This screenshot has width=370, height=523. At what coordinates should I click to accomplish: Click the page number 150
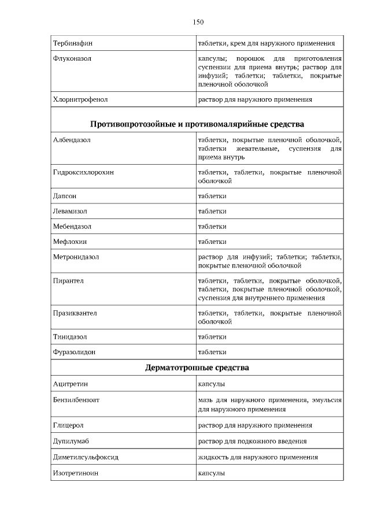tap(198, 22)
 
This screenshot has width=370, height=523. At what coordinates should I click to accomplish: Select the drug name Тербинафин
tap(73, 43)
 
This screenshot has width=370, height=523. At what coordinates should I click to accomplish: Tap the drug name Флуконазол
tap(72, 59)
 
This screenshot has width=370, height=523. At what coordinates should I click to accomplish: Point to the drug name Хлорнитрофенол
tap(80, 99)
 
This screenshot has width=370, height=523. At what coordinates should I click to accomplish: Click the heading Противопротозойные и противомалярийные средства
tap(197, 124)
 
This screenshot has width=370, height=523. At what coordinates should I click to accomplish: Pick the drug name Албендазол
tap(72, 140)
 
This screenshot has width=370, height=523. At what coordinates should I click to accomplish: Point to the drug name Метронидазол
tap(76, 257)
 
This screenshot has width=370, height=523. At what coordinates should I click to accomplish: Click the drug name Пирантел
tap(69, 281)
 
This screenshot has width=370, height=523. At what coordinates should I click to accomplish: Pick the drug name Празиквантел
tap(75, 313)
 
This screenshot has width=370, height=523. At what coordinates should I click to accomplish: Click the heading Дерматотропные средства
tap(197, 368)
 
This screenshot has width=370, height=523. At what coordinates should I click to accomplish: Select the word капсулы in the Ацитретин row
tap(212, 384)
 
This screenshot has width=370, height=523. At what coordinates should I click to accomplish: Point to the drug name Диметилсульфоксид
tap(86, 457)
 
